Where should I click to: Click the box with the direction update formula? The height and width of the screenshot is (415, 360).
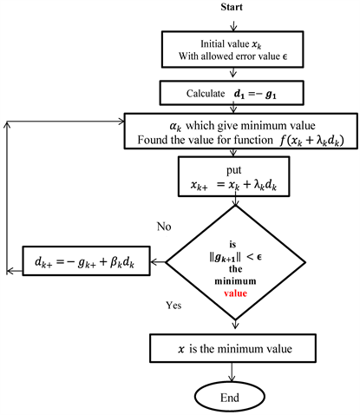tap(85, 258)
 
